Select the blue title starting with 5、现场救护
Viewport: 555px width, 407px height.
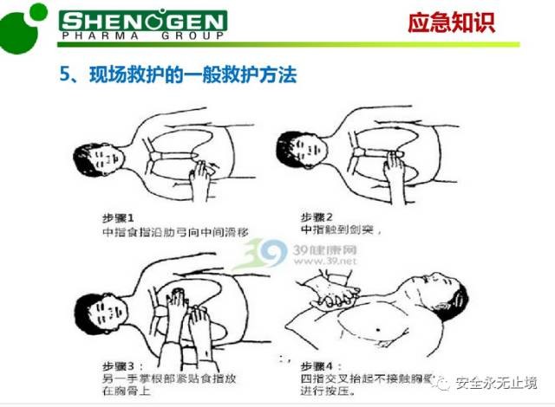[x=178, y=74]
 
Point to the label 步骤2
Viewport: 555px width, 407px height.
[x=317, y=216]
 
